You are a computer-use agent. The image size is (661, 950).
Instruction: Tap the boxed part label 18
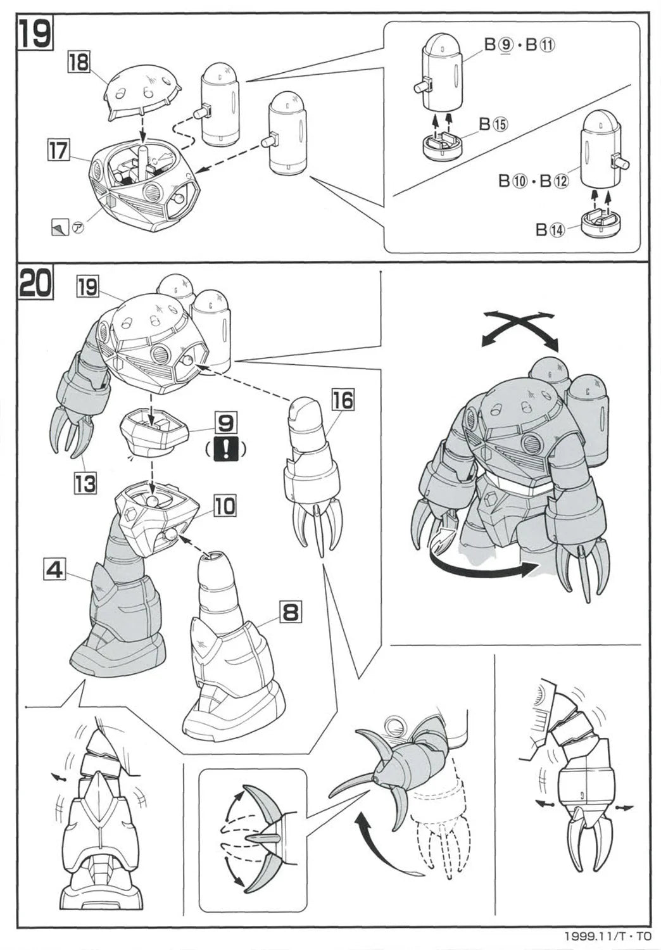pos(79,63)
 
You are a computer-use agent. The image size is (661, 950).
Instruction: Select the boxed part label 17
pos(58,151)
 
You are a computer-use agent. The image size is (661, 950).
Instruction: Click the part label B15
pos(493,125)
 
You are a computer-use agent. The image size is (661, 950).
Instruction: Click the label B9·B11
pos(520,46)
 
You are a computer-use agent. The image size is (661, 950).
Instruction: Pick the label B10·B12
pos(533,182)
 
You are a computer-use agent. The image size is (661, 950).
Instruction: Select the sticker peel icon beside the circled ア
pos(58,227)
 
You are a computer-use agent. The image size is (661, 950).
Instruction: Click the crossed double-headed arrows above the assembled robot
pos(520,329)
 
